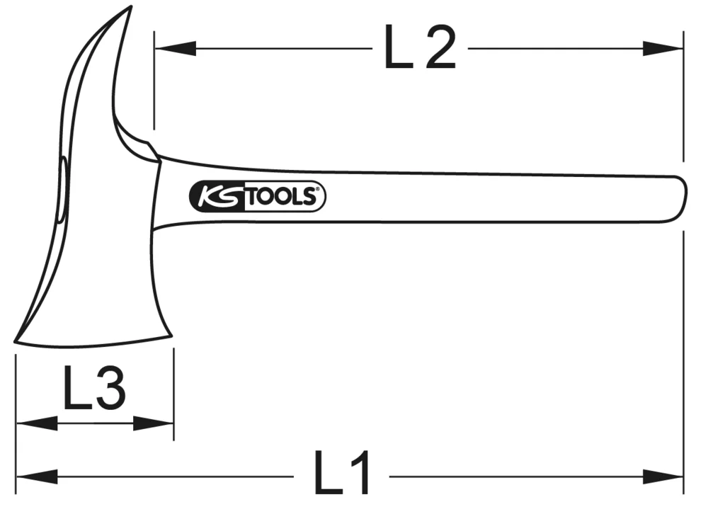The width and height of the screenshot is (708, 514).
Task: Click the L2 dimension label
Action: pos(419,48)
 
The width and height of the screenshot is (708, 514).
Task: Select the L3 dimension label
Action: pos(94,389)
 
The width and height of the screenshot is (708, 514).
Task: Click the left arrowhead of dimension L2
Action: pos(173,49)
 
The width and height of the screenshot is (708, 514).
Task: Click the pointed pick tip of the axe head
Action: pos(130,8)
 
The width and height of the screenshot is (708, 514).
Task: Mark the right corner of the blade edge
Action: pos(171,335)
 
